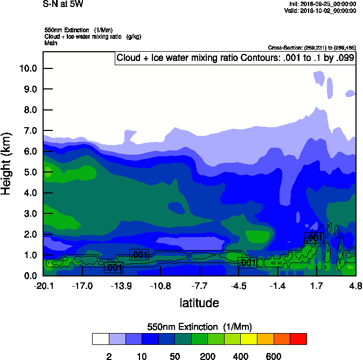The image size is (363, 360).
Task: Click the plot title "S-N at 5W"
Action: tap(63, 4)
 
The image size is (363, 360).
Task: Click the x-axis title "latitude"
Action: tap(199, 303)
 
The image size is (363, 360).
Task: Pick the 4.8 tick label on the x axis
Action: tap(355, 285)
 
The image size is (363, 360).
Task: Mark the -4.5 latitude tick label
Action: tap(239, 285)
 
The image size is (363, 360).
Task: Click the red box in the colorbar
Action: tap(298, 339)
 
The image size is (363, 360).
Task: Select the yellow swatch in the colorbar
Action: tap(249, 339)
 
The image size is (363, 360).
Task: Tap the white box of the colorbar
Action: tap(100, 339)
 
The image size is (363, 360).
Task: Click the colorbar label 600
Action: tap(274, 356)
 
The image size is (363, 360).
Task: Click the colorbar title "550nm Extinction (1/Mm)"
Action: tap(199, 327)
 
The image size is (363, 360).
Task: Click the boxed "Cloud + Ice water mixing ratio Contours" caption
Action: tap(235, 58)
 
